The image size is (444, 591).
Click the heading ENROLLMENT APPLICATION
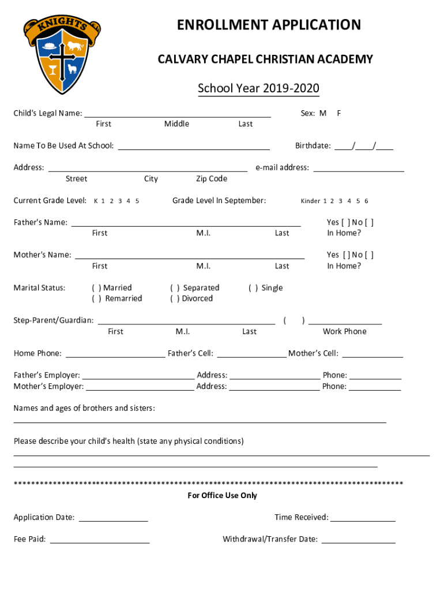[269, 25]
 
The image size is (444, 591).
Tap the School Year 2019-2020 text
[258, 88]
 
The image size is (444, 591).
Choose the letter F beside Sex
[339, 114]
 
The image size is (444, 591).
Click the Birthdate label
[313, 146]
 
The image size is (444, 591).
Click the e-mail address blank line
[358, 169]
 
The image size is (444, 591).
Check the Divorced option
[191, 299]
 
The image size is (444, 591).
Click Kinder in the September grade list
[310, 201]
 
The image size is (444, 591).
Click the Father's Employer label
[47, 376]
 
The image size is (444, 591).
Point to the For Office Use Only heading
[222, 496]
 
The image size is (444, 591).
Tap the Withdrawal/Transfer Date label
[270, 540]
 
